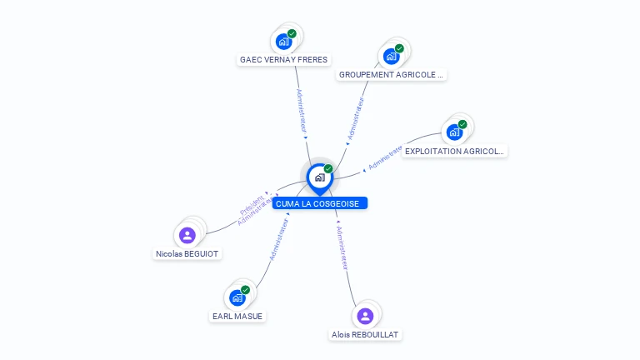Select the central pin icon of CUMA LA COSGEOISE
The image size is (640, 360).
[320, 178]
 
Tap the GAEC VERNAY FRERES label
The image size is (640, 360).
[283, 60]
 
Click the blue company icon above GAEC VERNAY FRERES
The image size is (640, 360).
[283, 42]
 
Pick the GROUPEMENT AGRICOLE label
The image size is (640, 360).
[391, 75]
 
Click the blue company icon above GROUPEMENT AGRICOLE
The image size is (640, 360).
[391, 57]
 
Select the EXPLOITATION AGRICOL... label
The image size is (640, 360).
[454, 151]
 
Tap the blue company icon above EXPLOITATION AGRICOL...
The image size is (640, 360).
[454, 132]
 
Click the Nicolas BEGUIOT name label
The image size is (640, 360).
[187, 254]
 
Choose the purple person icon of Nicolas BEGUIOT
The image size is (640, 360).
[187, 235]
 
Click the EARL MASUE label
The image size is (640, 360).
[237, 317]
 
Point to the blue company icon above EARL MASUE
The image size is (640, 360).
[237, 298]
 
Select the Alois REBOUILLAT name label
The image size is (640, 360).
[365, 335]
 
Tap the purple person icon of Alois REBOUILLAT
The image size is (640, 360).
[365, 316]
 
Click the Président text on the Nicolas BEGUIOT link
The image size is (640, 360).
[252, 205]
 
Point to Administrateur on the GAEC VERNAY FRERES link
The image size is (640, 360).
[301, 111]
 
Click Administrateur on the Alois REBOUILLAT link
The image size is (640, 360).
[342, 248]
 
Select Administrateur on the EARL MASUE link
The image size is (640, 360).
[279, 240]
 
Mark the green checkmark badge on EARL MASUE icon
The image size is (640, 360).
[245, 290]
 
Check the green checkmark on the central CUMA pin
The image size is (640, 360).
[328, 168]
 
